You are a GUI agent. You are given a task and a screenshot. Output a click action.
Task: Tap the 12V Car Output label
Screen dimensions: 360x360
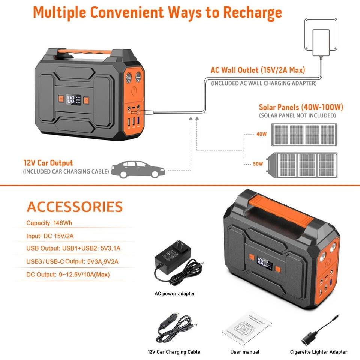click(48, 163)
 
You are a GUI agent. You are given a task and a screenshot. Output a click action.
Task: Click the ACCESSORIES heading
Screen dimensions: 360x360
click(75, 207)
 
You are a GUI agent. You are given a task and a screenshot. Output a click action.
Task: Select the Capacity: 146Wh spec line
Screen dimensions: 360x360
click(49, 223)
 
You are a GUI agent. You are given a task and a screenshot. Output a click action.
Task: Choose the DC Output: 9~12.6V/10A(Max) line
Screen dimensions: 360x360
click(68, 274)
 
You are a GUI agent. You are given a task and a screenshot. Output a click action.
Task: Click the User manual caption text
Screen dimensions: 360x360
click(244, 352)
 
